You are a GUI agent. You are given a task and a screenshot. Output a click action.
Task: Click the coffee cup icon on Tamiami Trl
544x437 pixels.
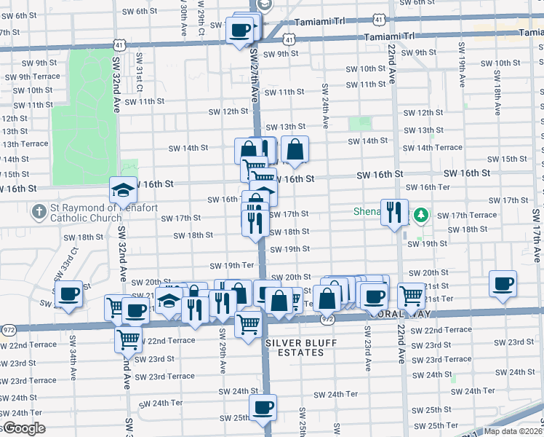coord(240,31)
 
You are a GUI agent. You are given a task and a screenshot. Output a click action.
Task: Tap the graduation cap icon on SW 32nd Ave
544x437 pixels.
coord(123,190)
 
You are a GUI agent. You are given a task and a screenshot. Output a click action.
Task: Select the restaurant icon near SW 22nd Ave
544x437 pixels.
coord(393,212)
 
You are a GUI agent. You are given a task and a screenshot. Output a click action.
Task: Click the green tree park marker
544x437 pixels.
coord(420,216)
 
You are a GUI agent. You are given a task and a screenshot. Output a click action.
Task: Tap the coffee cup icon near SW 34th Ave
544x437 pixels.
coord(68,294)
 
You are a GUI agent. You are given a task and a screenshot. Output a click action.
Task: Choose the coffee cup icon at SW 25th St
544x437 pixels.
coord(263,406)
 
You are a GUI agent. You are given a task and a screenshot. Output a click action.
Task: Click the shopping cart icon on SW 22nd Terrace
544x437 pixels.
coord(128,338)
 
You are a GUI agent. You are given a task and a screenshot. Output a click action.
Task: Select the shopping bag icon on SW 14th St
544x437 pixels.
coord(295,150)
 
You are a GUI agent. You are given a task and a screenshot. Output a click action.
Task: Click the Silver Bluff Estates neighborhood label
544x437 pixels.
coord(294,347)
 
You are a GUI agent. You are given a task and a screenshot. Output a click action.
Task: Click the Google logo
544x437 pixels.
coord(23,428)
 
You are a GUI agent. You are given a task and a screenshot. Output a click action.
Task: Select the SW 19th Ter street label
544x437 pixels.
coord(231,266)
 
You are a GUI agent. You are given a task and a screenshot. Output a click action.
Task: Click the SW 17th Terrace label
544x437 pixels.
coord(473,216)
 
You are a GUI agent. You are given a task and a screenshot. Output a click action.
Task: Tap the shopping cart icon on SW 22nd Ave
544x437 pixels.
coord(411,295)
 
